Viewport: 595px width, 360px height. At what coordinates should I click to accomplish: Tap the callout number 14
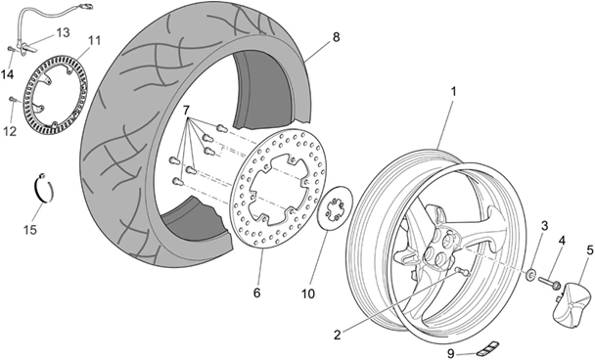click(8, 74)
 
